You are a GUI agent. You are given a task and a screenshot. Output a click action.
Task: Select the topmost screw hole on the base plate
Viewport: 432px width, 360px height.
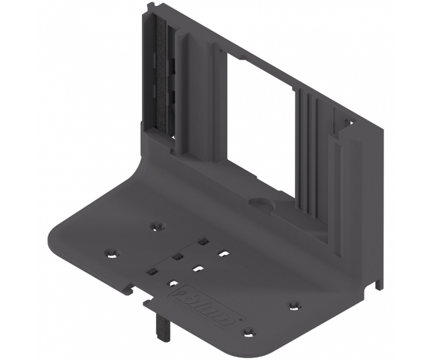point(158,226)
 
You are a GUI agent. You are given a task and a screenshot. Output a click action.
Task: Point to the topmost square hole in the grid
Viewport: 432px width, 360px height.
point(203,241)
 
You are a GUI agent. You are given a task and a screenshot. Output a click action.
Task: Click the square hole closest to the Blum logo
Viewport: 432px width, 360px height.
point(173,282)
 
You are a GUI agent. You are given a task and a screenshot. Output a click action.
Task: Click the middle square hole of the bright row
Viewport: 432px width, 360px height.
point(198,267)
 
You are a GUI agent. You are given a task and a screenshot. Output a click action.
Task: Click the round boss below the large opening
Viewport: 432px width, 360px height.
point(258,202)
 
